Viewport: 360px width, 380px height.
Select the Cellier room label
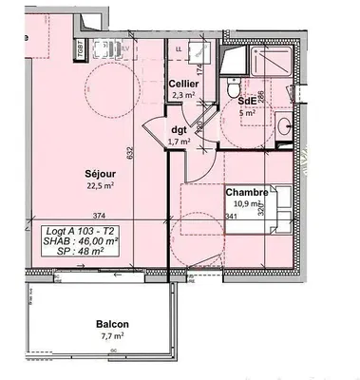click(x=183, y=83)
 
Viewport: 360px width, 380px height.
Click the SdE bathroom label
click(x=246, y=100)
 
